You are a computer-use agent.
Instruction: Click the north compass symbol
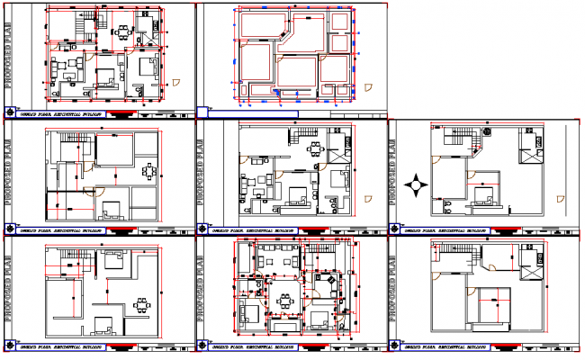click(416, 187)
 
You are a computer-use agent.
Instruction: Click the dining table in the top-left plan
click(122, 32)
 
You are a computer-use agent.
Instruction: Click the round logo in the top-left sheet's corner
click(10, 113)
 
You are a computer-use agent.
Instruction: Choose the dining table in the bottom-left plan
click(142, 304)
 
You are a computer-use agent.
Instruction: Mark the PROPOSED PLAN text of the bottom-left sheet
click(9, 288)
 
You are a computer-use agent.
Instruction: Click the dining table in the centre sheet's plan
click(314, 149)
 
